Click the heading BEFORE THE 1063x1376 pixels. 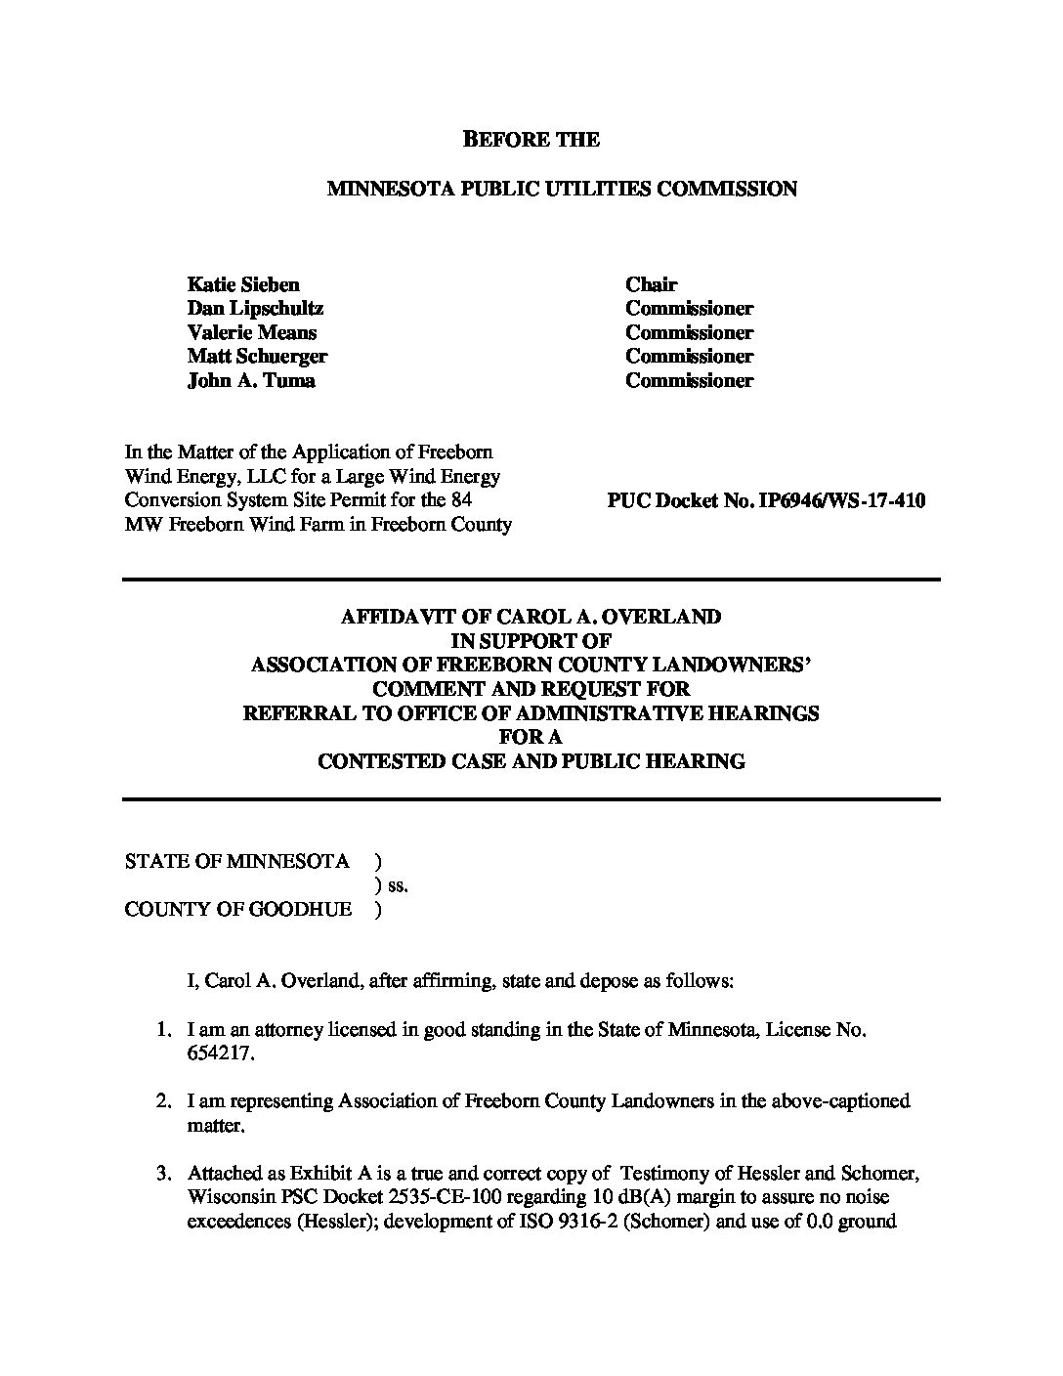[x=531, y=140]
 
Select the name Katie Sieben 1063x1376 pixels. [x=243, y=285]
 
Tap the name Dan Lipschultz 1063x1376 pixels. [x=255, y=309]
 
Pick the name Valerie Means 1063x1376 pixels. [x=251, y=333]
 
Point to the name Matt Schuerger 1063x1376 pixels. [x=257, y=357]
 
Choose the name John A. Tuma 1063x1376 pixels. [x=251, y=381]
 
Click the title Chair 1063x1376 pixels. [x=651, y=285]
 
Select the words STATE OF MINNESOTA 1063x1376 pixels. [x=236, y=862]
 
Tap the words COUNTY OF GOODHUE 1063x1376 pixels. [x=237, y=910]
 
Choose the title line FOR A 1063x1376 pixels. [x=531, y=737]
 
